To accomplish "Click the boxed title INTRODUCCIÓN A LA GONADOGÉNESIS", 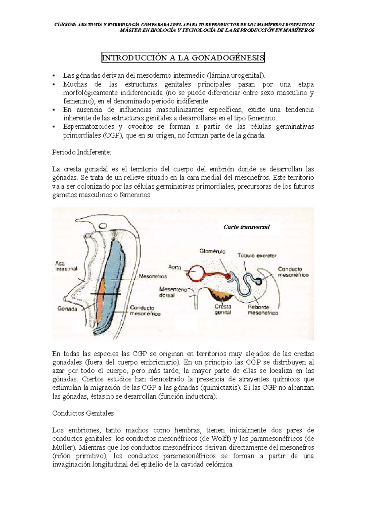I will (x=183, y=57).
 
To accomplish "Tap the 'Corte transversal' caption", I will (x=246, y=227).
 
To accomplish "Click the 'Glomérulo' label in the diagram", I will (x=213, y=251).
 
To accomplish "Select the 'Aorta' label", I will (x=175, y=267).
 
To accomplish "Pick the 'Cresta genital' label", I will (x=223, y=309).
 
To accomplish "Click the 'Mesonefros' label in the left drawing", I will (x=153, y=276).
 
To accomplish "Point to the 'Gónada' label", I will (x=67, y=308).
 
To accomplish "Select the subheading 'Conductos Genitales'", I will (x=83, y=413).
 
